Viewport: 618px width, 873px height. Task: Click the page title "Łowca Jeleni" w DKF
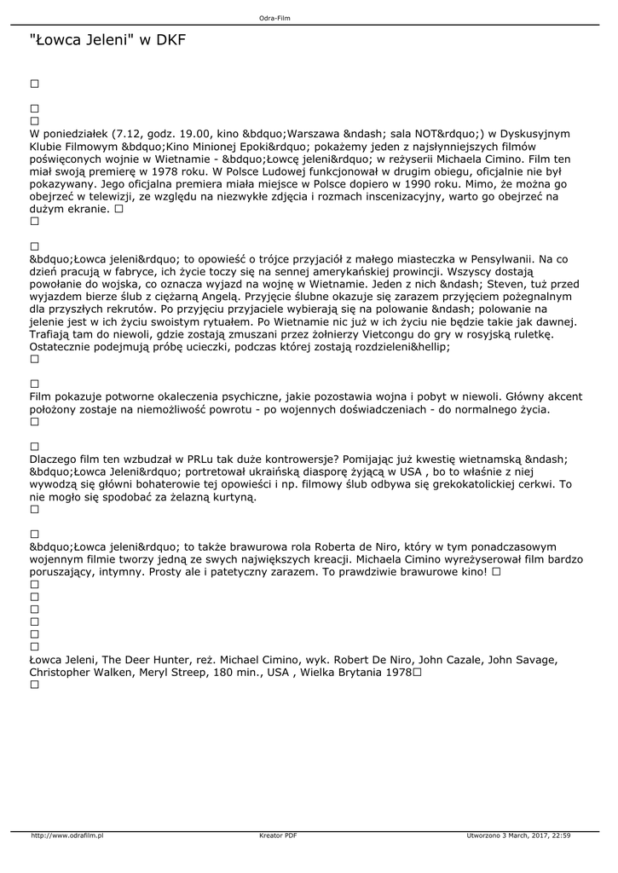click(107, 40)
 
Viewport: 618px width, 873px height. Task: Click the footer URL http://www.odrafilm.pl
click(67, 835)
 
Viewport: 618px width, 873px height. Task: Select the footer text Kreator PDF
click(279, 835)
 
